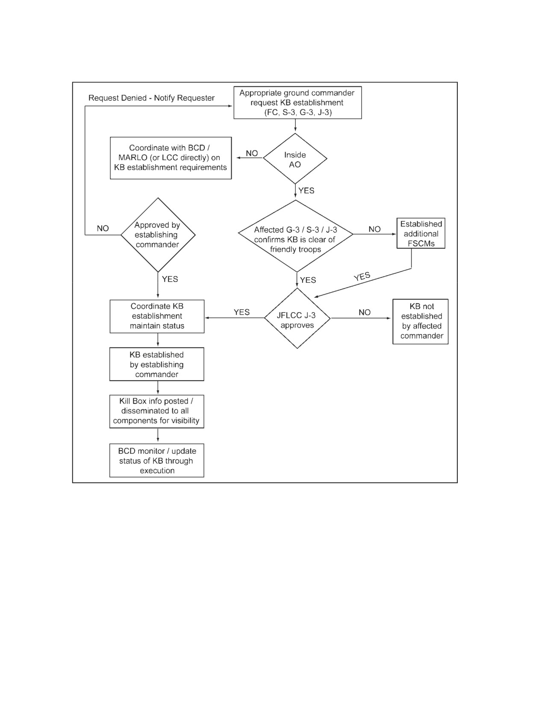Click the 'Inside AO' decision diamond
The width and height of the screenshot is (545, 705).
click(x=295, y=159)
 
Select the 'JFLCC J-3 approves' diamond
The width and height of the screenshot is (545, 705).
click(x=298, y=318)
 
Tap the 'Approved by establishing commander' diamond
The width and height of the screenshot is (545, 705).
click(x=158, y=235)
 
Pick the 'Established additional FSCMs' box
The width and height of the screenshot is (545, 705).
click(x=421, y=233)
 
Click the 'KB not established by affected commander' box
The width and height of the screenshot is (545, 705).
click(x=420, y=321)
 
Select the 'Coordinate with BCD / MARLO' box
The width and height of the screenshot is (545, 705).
click(x=171, y=158)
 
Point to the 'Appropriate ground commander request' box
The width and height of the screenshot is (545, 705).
click(x=298, y=103)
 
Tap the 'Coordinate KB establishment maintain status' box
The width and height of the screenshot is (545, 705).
click(x=157, y=316)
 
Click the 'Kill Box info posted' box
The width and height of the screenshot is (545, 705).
click(x=157, y=411)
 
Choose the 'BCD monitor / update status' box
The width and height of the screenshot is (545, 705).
click(x=157, y=460)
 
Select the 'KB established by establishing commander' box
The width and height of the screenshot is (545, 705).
click(x=157, y=364)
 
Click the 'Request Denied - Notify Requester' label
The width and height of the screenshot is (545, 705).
click(x=151, y=98)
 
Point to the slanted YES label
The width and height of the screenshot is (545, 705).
click(x=362, y=277)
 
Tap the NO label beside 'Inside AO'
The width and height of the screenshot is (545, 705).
click(x=252, y=153)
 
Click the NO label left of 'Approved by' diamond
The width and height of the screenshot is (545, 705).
click(x=103, y=229)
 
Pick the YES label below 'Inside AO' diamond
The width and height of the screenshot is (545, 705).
click(x=306, y=191)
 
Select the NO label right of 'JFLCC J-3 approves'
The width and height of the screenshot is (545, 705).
click(x=365, y=312)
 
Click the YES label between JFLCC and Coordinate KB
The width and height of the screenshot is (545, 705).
click(x=242, y=312)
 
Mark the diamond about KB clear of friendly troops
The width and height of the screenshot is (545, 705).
click(x=296, y=236)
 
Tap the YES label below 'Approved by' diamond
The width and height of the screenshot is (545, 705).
click(x=170, y=279)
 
